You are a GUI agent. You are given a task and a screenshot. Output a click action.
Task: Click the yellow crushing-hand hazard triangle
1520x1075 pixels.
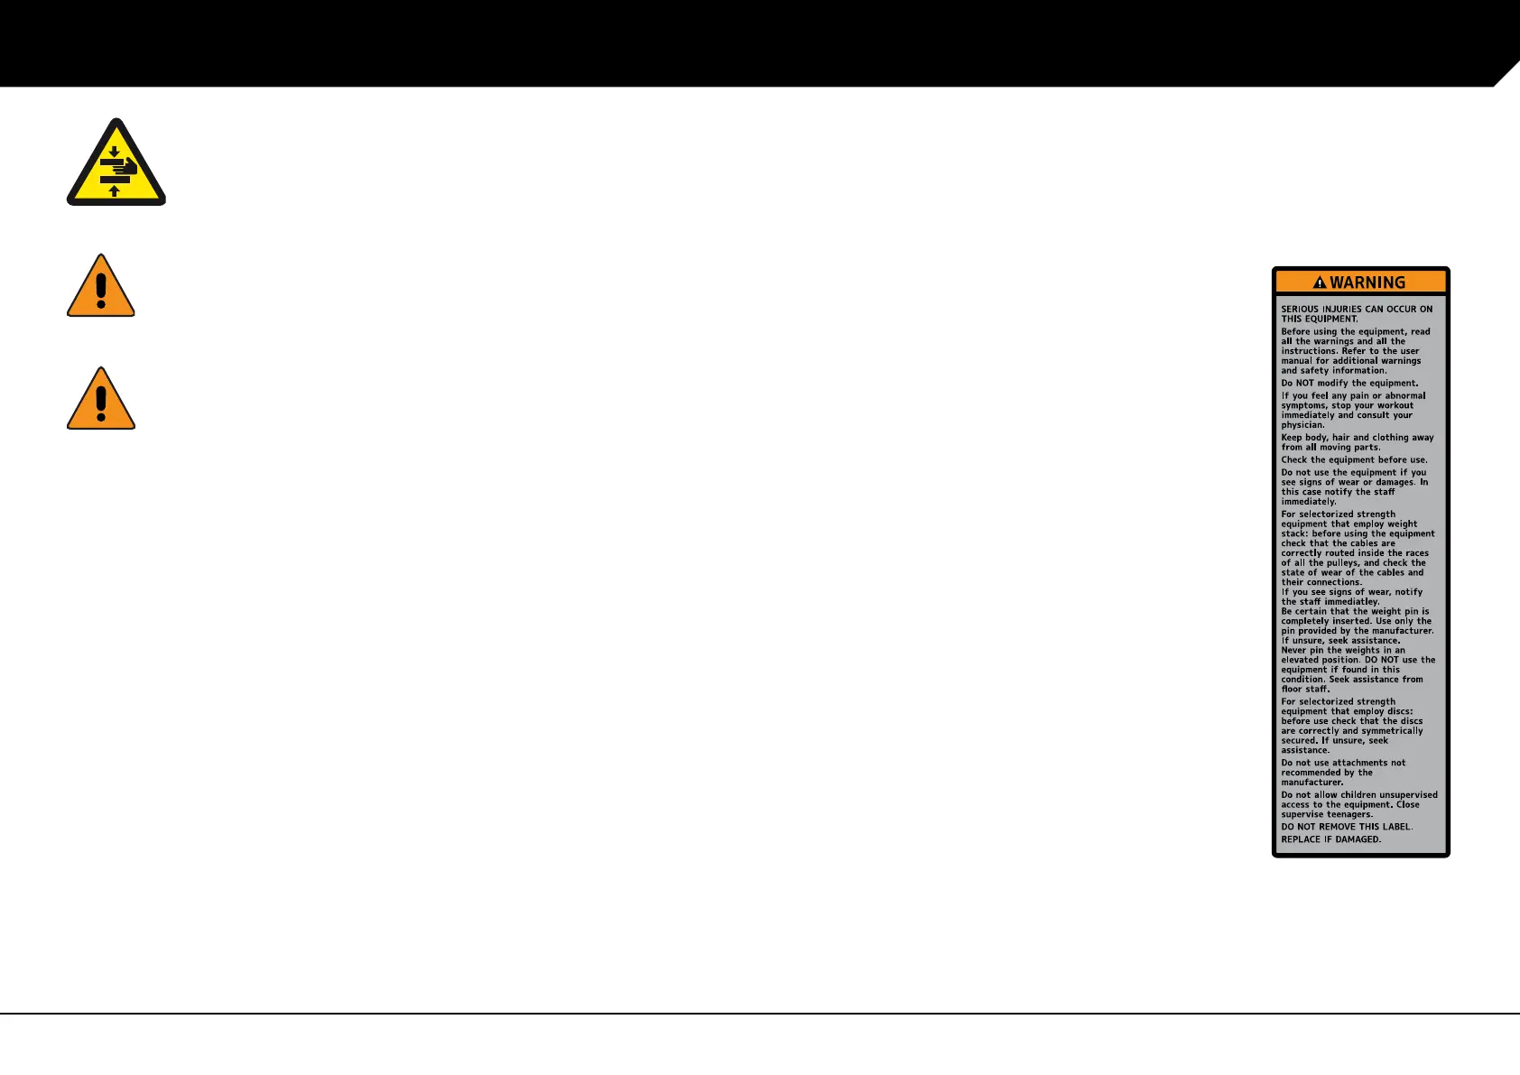[116, 164]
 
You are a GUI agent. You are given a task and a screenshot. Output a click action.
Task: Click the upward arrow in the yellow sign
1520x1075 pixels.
[115, 190]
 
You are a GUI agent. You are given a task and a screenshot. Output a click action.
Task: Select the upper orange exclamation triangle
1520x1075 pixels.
[101, 287]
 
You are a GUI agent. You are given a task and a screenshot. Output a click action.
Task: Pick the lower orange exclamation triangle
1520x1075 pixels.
[101, 400]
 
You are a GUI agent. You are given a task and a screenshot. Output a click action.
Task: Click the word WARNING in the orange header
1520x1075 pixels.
[1367, 283]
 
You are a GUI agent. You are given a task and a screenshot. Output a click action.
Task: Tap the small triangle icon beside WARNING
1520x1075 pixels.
[1320, 283]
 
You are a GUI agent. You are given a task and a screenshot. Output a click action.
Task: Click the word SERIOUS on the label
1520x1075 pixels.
[1300, 309]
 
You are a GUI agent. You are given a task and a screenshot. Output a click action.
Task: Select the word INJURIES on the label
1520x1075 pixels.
[1342, 309]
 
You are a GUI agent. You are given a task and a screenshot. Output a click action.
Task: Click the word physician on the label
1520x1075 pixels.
[1302, 425]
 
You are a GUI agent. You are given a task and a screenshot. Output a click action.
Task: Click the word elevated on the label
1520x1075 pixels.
[1301, 660]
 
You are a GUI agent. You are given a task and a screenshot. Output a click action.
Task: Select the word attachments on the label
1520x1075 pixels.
[1360, 763]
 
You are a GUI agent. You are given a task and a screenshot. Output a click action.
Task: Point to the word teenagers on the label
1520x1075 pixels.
[1349, 814]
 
